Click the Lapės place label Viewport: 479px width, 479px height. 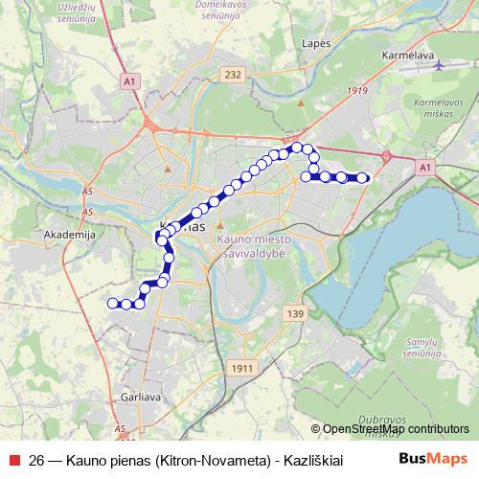[315, 44]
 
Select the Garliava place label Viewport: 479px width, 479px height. [141, 394]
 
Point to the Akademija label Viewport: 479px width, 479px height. [65, 233]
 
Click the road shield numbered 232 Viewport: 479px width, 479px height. [230, 73]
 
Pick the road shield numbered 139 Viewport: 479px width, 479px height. [294, 314]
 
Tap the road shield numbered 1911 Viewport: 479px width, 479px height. [243, 367]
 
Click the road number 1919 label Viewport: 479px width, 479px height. [358, 91]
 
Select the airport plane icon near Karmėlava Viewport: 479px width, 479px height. [439, 67]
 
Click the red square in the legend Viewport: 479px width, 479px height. [13, 459]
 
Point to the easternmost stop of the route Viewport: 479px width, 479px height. [363, 177]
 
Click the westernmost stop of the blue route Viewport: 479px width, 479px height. [112, 304]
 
